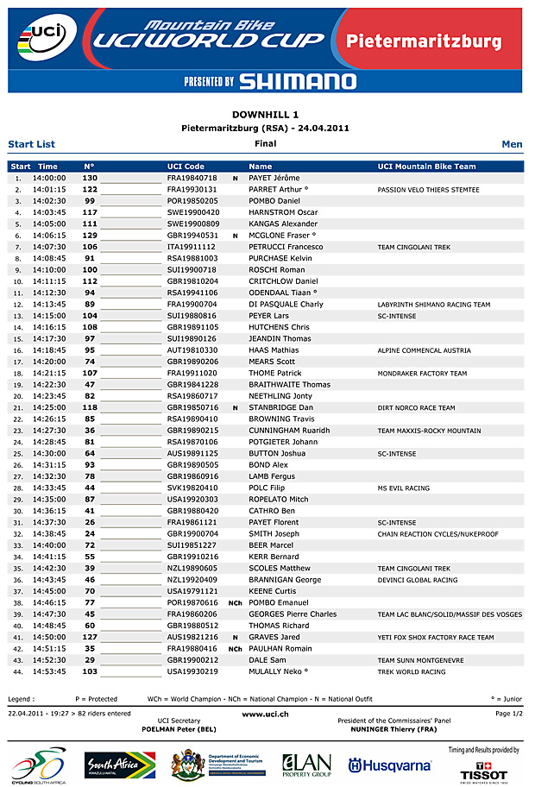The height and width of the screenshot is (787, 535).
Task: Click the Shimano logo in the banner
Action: [297, 81]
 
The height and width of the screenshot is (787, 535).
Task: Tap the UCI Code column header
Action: [186, 167]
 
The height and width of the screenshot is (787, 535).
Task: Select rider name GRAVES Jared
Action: [272, 637]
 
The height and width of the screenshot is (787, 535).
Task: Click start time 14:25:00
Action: [49, 407]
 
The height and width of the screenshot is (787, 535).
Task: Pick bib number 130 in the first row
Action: [90, 178]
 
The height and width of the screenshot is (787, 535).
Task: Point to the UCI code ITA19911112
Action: [192, 247]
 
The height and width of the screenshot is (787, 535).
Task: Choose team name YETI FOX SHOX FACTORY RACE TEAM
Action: [436, 637]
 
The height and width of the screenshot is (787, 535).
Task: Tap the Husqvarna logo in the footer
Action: [389, 765]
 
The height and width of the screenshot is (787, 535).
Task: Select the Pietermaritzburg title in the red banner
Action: [423, 41]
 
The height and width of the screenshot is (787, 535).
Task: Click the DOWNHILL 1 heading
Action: [266, 114]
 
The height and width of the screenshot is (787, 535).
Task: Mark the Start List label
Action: [31, 144]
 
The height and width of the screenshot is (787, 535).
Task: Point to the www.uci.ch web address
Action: [266, 714]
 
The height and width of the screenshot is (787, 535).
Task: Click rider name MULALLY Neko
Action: [279, 671]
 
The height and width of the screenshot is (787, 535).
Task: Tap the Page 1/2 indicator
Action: [508, 714]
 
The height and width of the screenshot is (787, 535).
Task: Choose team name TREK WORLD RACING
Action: [412, 671]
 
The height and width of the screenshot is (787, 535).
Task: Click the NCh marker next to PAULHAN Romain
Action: [235, 648]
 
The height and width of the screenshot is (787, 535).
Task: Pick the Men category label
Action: [512, 144]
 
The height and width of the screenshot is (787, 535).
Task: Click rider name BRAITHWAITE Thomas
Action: [290, 385]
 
